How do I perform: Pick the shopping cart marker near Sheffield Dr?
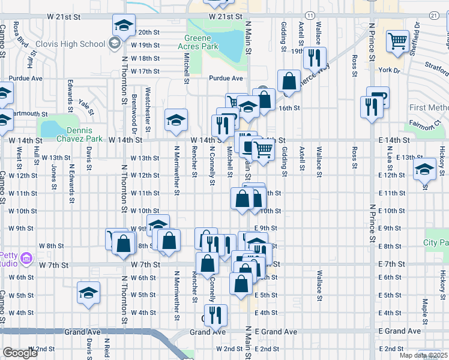[398, 41]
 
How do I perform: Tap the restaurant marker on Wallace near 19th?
[314, 58]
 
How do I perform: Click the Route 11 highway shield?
[309, 14]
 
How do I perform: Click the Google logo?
[20, 353]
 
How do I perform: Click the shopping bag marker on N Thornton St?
[124, 244]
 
